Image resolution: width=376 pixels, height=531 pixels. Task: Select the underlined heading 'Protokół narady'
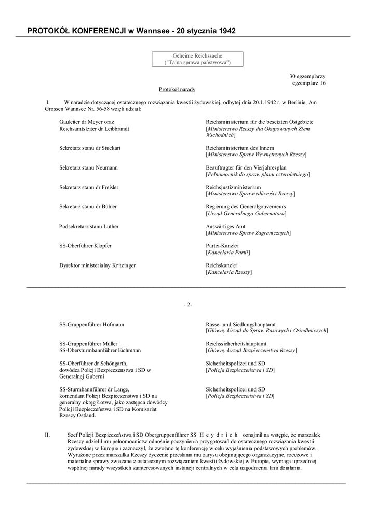pos(177,89)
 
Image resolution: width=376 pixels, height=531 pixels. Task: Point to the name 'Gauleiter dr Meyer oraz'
pos(87,121)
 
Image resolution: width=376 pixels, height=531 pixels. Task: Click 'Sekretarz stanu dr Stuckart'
pos(90,148)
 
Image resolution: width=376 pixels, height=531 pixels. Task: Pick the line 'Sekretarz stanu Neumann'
pos(88,167)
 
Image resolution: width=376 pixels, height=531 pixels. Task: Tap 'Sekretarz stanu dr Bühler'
pos(88,207)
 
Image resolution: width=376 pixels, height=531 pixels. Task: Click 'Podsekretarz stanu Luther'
pos(88,227)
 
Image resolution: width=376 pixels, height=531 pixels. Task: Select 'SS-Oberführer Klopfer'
pos(85,246)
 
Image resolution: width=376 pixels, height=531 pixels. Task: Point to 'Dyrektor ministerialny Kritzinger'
pos(97,265)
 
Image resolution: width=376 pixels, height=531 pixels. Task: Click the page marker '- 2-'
pos(187,305)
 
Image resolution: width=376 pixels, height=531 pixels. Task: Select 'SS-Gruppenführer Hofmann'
pos(91,324)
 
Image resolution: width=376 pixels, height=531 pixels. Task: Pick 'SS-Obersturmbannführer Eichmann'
pos(100,350)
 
